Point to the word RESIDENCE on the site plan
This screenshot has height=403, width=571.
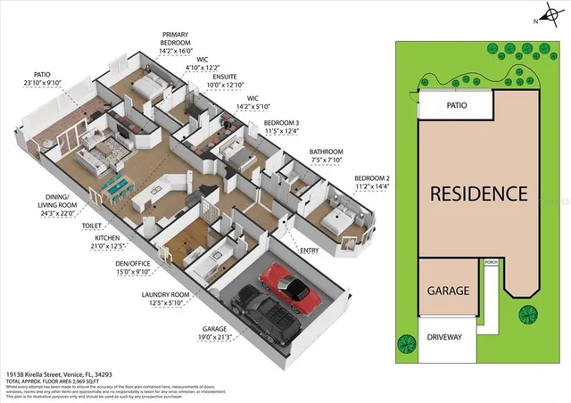478,193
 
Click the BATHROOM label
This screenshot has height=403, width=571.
326,152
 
